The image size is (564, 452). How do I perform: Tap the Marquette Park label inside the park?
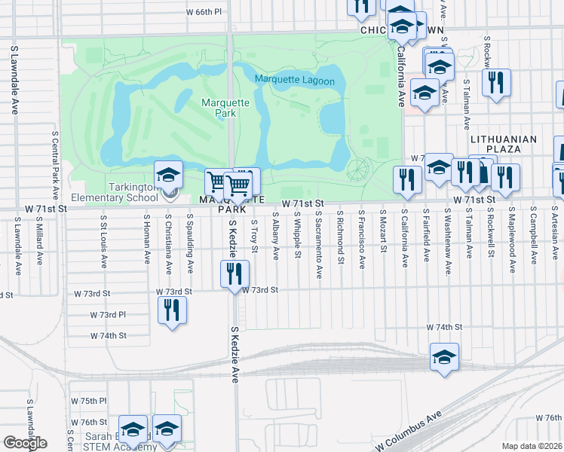click(219, 108)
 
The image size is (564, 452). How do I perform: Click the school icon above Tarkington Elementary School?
click(168, 176)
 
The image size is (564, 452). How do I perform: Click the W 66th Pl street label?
click(204, 12)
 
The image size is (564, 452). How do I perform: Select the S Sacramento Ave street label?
click(320, 245)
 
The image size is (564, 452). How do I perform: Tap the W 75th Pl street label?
click(89, 401)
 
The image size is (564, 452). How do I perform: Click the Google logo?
click(25, 443)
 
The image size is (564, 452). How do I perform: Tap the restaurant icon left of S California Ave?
click(404, 179)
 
